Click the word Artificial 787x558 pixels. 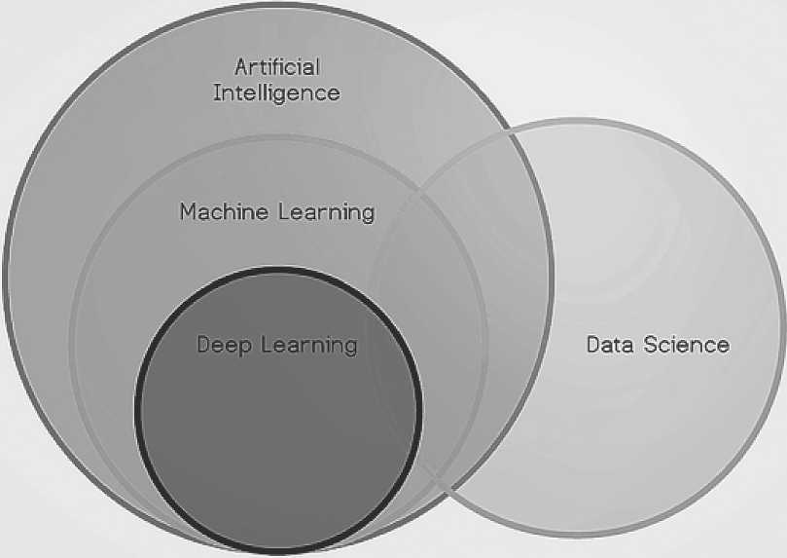276,67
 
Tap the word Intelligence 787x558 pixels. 276,93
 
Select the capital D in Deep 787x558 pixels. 203,345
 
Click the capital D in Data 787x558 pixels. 592,344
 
